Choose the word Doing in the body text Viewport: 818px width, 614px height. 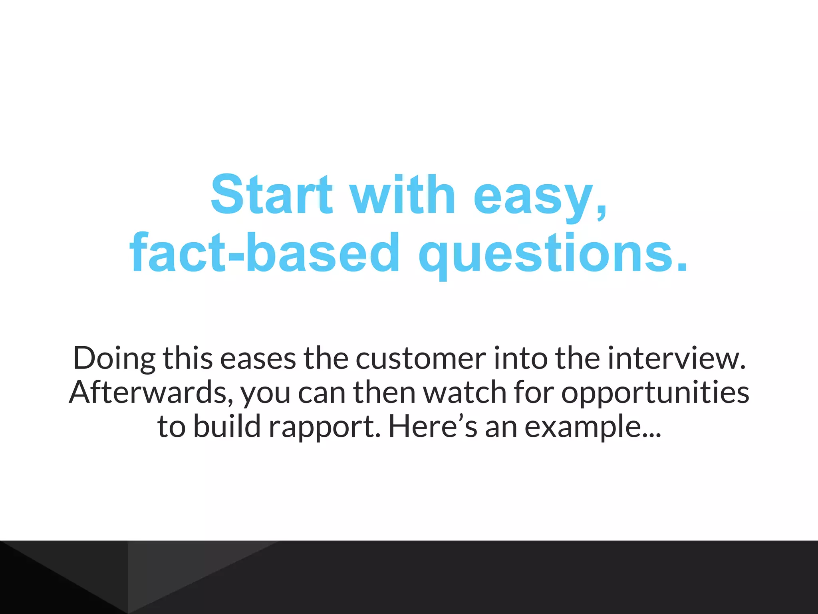(114, 358)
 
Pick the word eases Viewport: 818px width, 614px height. (258, 358)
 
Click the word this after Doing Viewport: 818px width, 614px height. (187, 358)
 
